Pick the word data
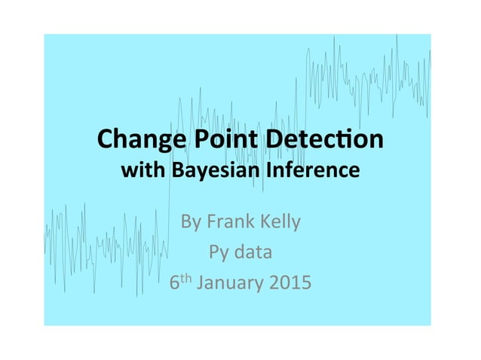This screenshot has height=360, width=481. tap(251, 252)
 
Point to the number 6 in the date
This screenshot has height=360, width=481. tap(175, 284)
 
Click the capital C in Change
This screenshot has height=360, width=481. tap(105, 141)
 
